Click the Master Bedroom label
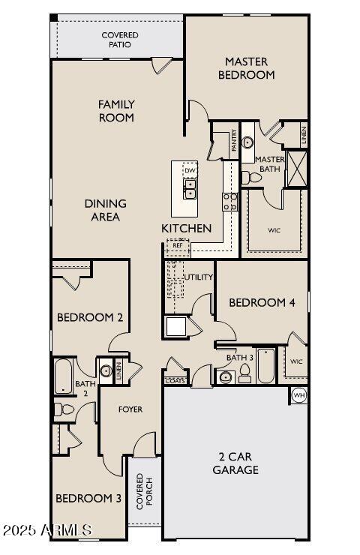pos(246,68)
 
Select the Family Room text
pos(116,111)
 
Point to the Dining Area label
pos(105,210)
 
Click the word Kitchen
pos(186,228)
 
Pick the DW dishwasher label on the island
pos(190,170)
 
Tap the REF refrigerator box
pos(178,245)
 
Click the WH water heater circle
pos(298,395)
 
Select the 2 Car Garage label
pos(238,463)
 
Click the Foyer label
pos(130,409)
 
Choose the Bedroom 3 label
pos(88,498)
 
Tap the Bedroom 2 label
pos(90,318)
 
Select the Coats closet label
pos(175,381)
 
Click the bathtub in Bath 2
pos(63,376)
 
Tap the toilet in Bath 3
pos(244,376)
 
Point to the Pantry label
pos(235,140)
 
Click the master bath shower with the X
pos(297,169)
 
